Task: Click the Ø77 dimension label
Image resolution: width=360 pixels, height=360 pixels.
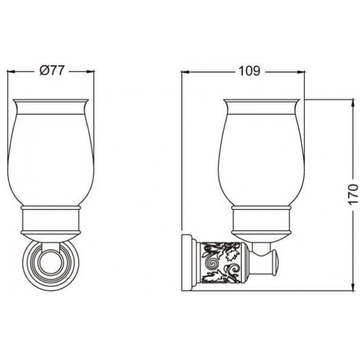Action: point(52,70)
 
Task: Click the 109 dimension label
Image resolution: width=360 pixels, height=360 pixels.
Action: point(250,71)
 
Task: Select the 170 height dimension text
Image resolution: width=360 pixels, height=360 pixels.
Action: point(353,194)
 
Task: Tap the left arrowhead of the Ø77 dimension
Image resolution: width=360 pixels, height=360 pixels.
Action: point(11,71)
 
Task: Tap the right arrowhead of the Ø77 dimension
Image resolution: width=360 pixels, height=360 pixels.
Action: point(91,71)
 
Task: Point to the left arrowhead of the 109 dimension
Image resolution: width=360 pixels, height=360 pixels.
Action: point(185,72)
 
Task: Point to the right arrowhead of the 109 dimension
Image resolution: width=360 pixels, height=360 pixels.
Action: point(301,72)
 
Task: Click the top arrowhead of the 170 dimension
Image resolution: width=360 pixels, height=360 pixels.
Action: point(353,103)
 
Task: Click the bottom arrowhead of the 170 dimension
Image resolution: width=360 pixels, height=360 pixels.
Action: point(353,287)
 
